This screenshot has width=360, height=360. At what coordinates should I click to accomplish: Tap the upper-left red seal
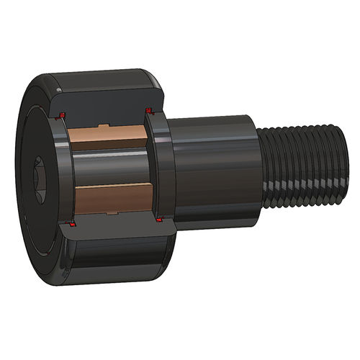tap(63, 115)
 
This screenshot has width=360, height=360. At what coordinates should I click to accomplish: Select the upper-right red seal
tap(149, 110)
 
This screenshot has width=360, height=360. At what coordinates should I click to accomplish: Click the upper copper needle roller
tap(108, 136)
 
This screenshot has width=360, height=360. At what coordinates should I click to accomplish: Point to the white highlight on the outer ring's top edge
tap(108, 72)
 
